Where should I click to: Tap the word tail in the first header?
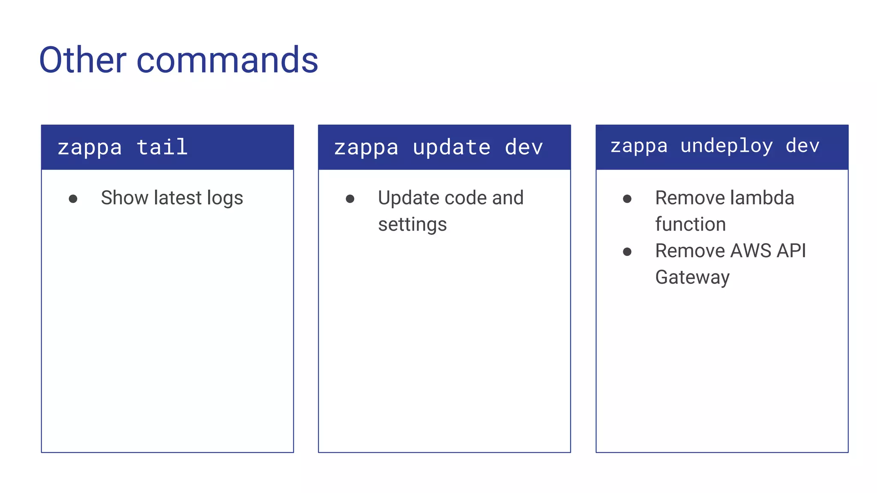tap(162, 147)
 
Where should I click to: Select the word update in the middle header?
tap(451, 148)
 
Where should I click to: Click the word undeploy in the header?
tap(727, 146)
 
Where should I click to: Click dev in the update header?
tap(524, 148)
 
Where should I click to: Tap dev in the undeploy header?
tap(802, 146)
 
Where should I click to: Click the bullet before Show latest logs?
tap(73, 199)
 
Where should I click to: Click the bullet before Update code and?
tap(350, 199)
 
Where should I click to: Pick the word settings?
tap(412, 225)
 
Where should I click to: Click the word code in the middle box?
tap(466, 198)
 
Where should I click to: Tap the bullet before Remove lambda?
tap(627, 199)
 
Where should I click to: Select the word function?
tap(690, 224)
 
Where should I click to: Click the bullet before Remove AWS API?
tap(627, 252)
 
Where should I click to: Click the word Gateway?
tap(692, 278)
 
